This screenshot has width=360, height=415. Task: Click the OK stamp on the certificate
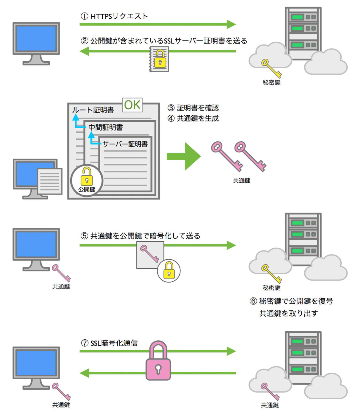point(132,105)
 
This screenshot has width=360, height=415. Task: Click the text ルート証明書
point(93,110)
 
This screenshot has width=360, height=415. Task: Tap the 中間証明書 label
point(105,127)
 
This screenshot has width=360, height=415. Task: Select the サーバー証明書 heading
point(125,144)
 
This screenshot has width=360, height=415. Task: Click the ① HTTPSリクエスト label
point(114,16)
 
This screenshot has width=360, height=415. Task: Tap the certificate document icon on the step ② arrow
point(159,59)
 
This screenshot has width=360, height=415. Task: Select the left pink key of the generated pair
point(226,156)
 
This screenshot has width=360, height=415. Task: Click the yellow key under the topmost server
point(271,68)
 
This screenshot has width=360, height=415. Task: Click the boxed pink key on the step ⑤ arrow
point(150,254)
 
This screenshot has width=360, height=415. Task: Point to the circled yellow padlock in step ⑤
point(169,270)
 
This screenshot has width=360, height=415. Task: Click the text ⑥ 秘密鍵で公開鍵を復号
point(291,301)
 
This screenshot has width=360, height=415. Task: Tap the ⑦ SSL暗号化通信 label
point(109,343)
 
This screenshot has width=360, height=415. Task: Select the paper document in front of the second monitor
point(50,181)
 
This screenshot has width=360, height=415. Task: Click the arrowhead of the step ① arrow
point(231,24)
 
